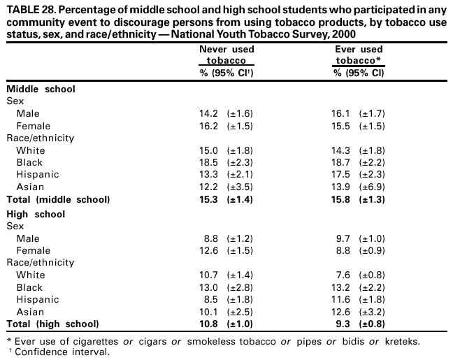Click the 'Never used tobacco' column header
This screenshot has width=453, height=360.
click(226, 55)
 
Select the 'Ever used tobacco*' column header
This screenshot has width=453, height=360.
click(358, 55)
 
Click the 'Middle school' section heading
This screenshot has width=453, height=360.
click(41, 89)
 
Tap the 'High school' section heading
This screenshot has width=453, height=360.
click(35, 214)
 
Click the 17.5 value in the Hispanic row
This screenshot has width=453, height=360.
click(343, 174)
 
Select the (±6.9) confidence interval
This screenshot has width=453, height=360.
click(372, 187)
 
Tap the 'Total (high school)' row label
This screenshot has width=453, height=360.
click(52, 324)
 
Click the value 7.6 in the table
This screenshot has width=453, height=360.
click(345, 275)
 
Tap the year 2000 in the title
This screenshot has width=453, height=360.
click(343, 33)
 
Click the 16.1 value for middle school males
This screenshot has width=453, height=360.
click(343, 113)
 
